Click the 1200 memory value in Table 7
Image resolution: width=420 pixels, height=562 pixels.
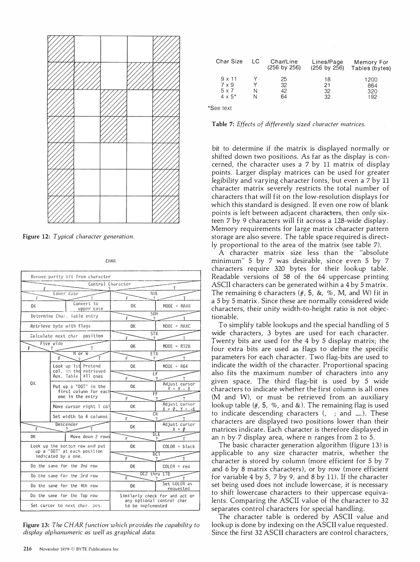[371, 80]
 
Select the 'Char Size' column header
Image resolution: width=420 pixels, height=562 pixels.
[229, 61]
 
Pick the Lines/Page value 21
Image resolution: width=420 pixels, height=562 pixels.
[327, 85]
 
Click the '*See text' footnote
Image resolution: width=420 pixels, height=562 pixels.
[220, 108]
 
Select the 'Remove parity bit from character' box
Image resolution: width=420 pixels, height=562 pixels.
[71, 277]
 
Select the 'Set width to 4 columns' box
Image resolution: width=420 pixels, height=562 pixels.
[80, 417]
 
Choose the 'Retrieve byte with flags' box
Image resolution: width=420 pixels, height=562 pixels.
[60, 326]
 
